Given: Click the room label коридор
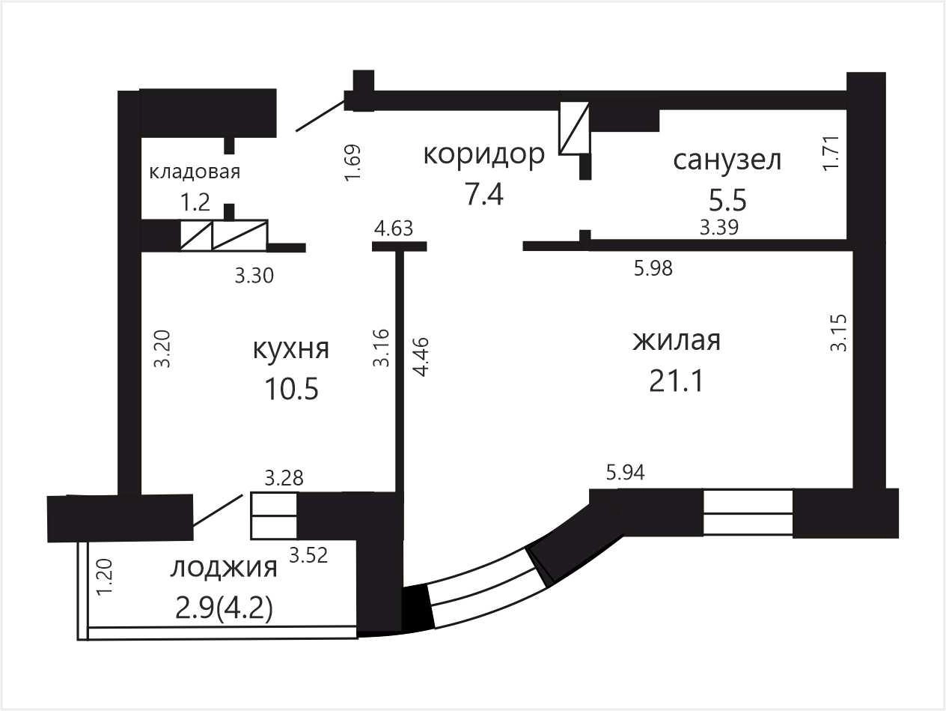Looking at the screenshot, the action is tap(484, 155).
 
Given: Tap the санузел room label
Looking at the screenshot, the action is tap(727, 160).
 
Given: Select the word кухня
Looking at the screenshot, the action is tap(291, 349).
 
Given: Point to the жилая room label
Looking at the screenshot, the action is tap(677, 341).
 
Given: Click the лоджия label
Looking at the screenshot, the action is tap(224, 569).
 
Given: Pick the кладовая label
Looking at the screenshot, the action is tap(195, 172).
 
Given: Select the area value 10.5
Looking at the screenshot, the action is tap(292, 389).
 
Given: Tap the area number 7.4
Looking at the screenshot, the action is tap(484, 195).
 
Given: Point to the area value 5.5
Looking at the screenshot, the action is tap(727, 201).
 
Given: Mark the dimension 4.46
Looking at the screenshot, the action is tap(420, 357).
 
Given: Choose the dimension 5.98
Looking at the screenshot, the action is tap(653, 269).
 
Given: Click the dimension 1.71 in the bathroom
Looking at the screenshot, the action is tap(831, 153).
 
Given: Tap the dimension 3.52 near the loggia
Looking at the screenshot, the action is tap(308, 555).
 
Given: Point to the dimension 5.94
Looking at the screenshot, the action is tap(626, 473).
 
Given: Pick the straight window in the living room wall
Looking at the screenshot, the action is tap(748, 512).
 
